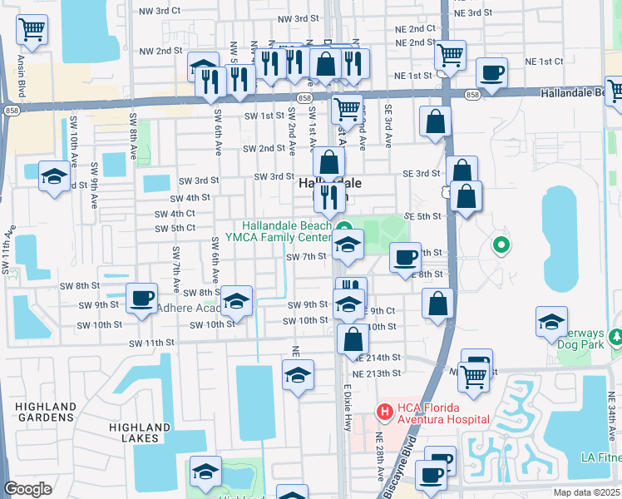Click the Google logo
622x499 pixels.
pos(27,489)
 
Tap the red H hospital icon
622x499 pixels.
pos(384,412)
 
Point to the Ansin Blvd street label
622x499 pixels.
pos(21,69)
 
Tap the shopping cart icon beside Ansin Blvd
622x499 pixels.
pos(32,30)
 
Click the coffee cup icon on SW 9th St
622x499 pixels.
pos(141,297)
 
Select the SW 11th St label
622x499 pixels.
pos(151,343)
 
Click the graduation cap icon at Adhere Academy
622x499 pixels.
pos(237,300)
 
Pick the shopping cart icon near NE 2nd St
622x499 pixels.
pos(450,55)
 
